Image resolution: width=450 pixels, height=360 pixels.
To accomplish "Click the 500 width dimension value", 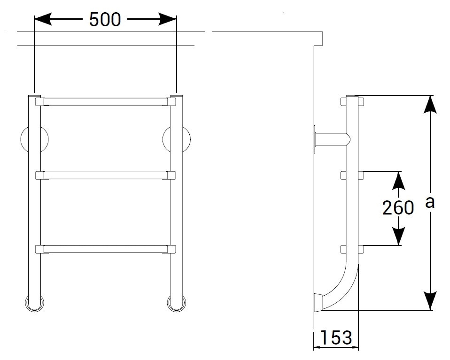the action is click(x=105, y=20).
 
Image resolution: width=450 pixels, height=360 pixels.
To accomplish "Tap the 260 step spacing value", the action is click(x=398, y=207).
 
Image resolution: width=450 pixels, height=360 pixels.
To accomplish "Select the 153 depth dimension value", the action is click(x=335, y=337).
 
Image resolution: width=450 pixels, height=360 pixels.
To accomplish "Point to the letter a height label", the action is click(x=430, y=202).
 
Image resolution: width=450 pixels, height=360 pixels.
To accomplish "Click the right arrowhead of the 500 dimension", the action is click(x=167, y=19).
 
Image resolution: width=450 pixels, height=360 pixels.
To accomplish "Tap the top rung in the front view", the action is click(x=105, y=102).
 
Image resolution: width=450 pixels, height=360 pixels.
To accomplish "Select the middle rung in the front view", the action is click(x=105, y=175).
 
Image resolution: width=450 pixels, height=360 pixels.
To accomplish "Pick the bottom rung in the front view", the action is click(x=105, y=249).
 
